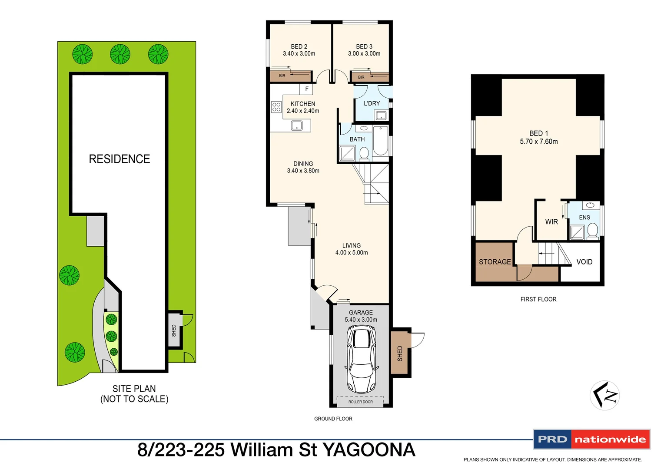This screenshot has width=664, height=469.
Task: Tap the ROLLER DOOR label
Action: [x=360, y=402]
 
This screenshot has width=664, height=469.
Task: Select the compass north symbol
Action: [x=604, y=395]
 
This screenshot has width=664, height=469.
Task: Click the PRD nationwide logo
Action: [x=591, y=439]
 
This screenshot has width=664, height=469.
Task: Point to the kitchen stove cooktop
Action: [x=276, y=107]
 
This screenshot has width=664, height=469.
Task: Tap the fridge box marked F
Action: [x=306, y=89]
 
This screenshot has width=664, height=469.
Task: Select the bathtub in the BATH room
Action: [x=380, y=140]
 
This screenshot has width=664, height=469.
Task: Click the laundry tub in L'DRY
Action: [x=381, y=116]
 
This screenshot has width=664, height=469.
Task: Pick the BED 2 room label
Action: [x=299, y=46]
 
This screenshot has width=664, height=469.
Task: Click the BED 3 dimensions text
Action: [x=364, y=54]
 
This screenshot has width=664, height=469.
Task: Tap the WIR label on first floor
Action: [x=551, y=222]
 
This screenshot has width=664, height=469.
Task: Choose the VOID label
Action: [x=584, y=262]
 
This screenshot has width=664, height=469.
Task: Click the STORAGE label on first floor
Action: [x=495, y=262]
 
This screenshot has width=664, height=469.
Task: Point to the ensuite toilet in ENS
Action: [x=592, y=230]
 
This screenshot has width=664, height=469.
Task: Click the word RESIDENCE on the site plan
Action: [x=120, y=159]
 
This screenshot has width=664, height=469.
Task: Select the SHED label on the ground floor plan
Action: [x=400, y=353]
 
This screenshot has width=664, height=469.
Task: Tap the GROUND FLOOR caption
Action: [x=333, y=419]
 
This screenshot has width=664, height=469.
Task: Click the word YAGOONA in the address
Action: [x=369, y=450]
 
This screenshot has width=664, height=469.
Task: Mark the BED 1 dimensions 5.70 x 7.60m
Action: [x=539, y=142]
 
